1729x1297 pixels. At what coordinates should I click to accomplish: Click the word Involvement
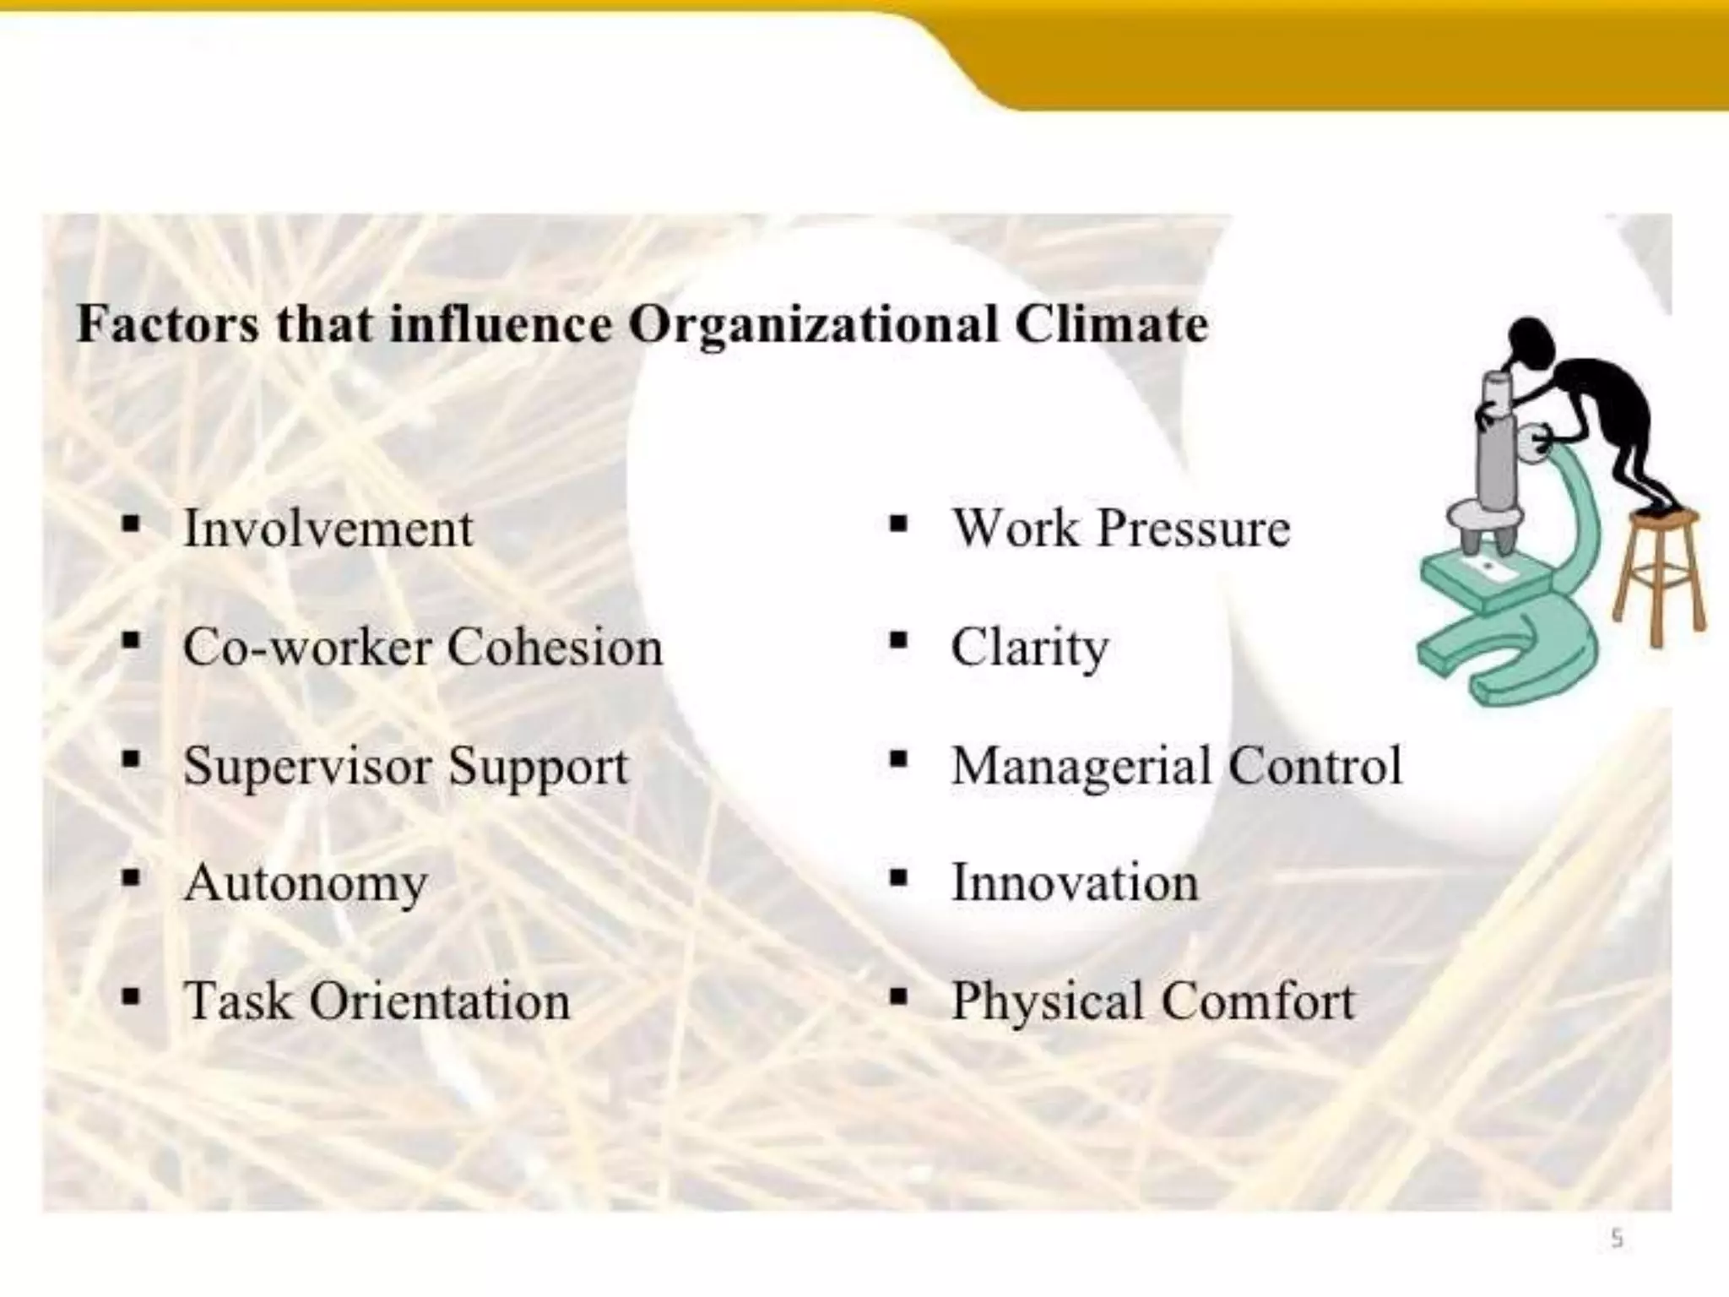point(328,529)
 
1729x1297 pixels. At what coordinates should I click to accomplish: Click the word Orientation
point(440,1001)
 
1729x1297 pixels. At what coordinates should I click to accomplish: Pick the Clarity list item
point(1029,648)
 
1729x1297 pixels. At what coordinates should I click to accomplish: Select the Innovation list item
point(1074,883)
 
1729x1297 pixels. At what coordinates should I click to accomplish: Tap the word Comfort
point(1258,1001)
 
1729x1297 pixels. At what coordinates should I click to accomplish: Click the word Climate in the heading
point(1111,324)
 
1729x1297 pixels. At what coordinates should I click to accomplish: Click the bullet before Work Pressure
point(898,525)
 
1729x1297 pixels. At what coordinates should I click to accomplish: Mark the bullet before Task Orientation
point(130,998)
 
